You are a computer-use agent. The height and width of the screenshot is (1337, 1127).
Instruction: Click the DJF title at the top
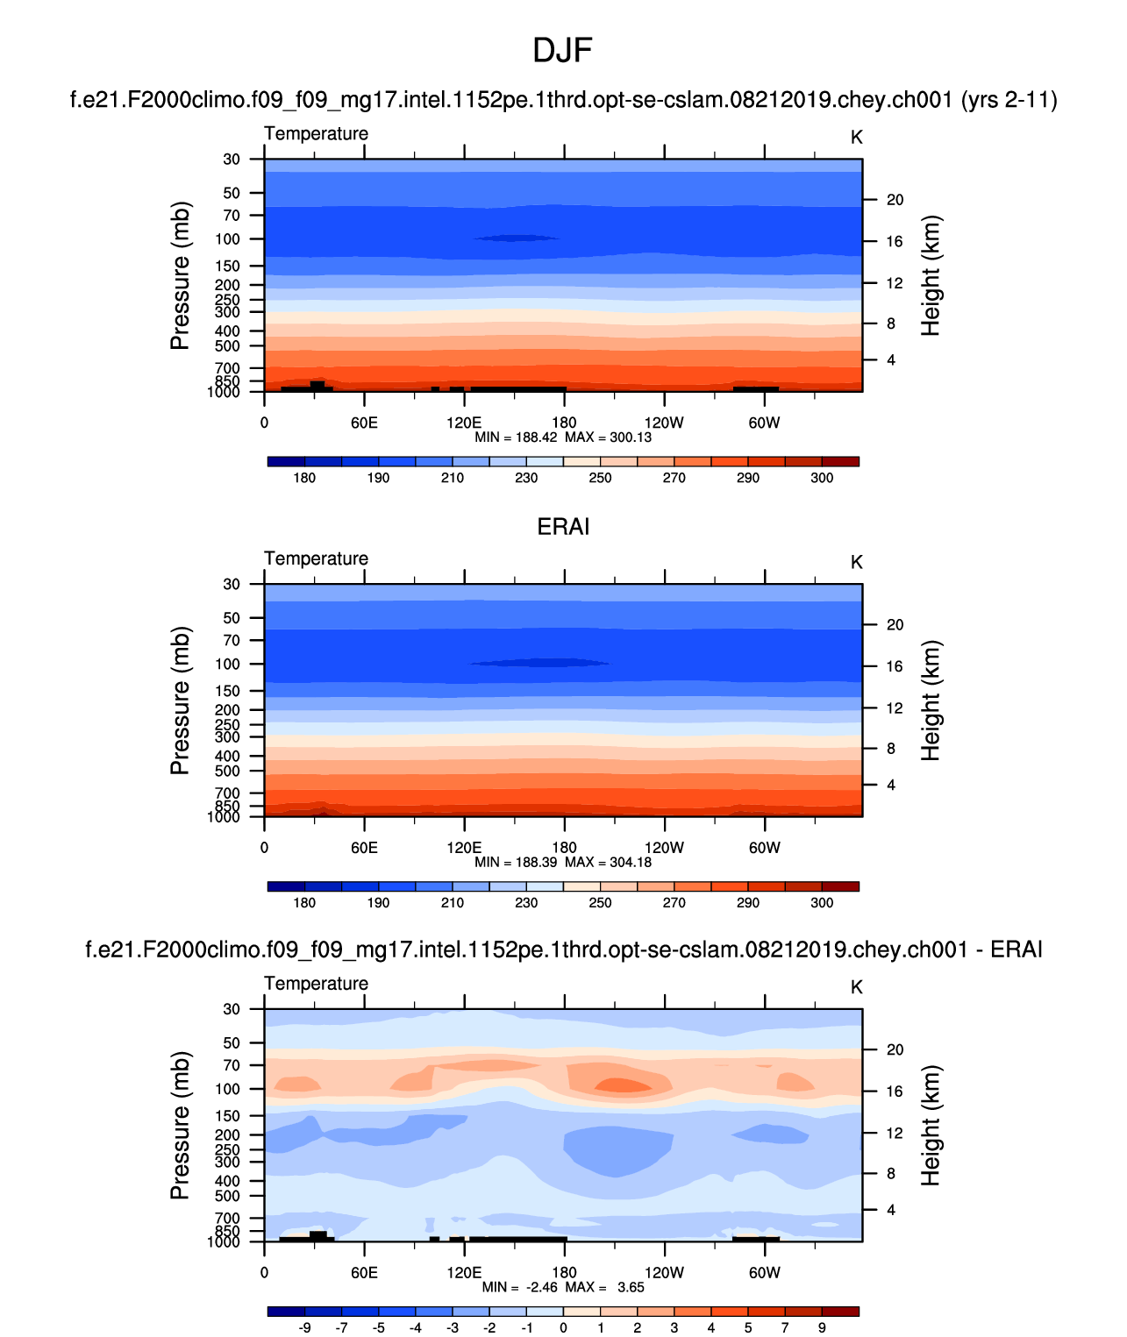[562, 51]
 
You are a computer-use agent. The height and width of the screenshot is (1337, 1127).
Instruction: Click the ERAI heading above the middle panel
[563, 526]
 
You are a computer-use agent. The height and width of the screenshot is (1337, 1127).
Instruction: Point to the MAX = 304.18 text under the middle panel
[608, 862]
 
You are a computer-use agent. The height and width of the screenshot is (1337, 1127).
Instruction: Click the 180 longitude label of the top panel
[564, 423]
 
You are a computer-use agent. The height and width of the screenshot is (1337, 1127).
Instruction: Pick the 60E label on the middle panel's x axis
[364, 848]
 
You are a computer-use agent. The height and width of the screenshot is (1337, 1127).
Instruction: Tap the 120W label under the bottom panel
[664, 1272]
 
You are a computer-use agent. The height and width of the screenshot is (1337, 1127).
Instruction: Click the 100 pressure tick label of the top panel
[227, 238]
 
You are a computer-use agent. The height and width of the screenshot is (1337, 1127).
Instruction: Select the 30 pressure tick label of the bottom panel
[232, 1009]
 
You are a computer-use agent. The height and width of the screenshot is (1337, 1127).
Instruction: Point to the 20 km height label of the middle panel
[895, 625]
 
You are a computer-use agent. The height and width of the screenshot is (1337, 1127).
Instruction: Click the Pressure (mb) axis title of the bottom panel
[180, 1126]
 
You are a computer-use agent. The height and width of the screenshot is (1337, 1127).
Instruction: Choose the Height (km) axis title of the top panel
[931, 275]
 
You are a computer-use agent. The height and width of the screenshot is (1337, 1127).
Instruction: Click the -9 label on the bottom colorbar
[304, 1327]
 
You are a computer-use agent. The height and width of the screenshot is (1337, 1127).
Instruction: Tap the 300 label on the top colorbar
[822, 478]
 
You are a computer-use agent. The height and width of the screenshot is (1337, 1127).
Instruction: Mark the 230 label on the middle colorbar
[526, 903]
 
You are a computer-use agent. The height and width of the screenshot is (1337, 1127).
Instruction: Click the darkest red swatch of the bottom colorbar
[840, 1312]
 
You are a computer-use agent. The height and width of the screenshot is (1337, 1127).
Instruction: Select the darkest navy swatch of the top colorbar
[287, 461]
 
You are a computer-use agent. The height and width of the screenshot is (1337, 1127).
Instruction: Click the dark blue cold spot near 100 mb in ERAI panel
[539, 663]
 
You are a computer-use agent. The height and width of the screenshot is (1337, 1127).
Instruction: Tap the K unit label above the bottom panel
[857, 987]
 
